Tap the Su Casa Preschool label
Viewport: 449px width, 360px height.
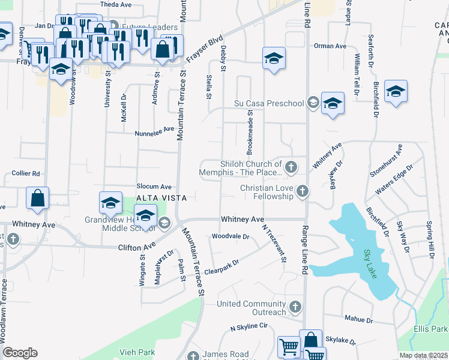tap(269, 103)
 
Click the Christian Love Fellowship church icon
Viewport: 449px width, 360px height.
tap(302, 191)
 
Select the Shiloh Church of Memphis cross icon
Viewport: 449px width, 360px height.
tap(291, 167)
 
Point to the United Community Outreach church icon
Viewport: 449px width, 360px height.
tap(294, 307)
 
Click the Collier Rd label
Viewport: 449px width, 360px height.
tap(26, 173)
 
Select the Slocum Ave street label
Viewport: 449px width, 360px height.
tap(154, 187)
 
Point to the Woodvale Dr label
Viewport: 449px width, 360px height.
tap(230, 236)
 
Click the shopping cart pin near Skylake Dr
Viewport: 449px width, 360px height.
tap(289, 348)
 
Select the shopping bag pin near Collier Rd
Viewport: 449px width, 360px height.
tap(37, 198)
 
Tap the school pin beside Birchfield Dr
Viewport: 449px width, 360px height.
tap(396, 92)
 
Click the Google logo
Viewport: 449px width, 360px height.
tap(20, 353)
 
